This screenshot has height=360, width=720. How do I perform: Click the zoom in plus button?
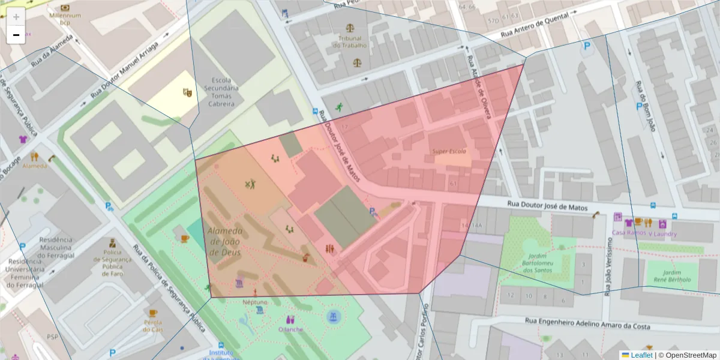coord(16,17)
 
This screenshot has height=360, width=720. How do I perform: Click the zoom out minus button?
coord(16,35)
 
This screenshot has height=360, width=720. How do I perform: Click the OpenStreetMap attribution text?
coord(687,355)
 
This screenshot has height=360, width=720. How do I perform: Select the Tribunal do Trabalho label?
coord(350,41)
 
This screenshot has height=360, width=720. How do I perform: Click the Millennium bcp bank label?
coord(65,19)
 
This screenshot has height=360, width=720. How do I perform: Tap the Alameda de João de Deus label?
coord(225,242)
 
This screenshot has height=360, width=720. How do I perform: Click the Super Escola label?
coord(449,151)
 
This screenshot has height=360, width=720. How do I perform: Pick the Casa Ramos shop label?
coord(628,232)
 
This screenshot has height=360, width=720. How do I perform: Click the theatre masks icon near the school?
coord(187,92)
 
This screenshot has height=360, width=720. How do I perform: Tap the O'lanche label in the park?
coord(291,329)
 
